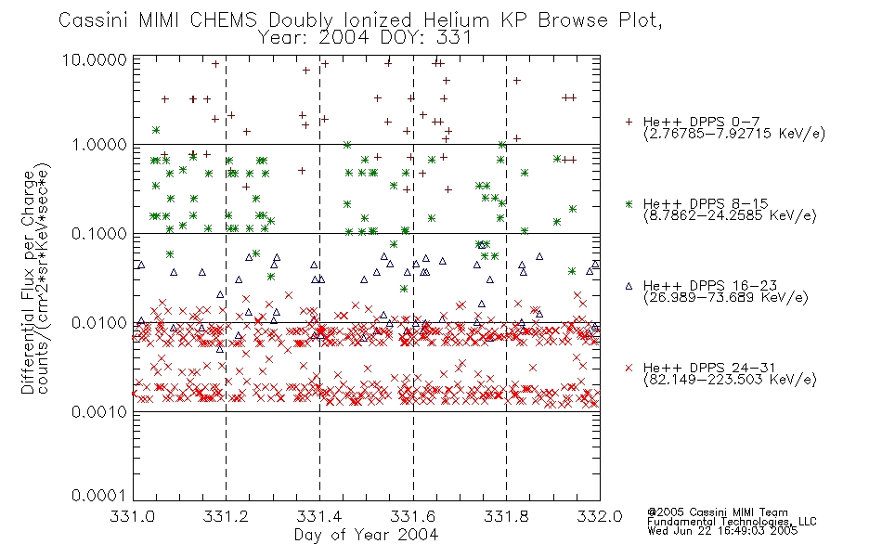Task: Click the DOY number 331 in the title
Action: [x=453, y=38]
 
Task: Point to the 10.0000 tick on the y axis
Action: [x=94, y=59]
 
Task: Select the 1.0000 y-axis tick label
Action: [x=99, y=145]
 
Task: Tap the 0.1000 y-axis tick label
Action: [x=99, y=234]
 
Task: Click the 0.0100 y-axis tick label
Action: [x=99, y=323]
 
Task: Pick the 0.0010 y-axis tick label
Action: [x=99, y=412]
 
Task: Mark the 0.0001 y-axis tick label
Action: [x=99, y=495]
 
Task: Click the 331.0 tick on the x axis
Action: [x=132, y=516]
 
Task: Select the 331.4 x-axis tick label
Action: [x=319, y=516]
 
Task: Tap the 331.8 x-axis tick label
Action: [x=506, y=516]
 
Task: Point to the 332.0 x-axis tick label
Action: [x=600, y=516]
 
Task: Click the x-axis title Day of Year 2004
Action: [x=366, y=535]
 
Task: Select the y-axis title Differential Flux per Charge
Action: [x=28, y=282]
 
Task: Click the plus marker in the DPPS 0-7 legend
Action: [x=629, y=122]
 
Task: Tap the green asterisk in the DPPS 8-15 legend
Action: [x=629, y=203]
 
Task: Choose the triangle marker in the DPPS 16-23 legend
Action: [x=629, y=286]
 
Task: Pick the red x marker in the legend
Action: [x=629, y=368]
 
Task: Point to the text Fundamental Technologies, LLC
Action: [x=732, y=521]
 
